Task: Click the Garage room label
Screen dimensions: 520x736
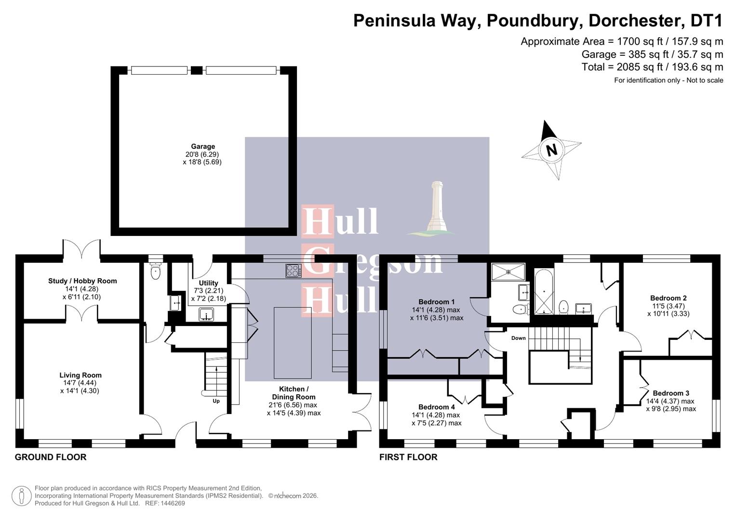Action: click(x=202, y=146)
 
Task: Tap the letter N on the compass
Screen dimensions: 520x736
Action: click(x=551, y=149)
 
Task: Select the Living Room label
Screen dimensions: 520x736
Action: click(x=80, y=375)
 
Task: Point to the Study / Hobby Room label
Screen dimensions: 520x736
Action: click(x=82, y=281)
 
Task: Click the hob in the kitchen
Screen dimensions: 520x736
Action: click(x=294, y=271)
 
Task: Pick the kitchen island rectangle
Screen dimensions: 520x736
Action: click(x=293, y=342)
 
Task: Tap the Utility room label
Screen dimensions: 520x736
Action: click(x=208, y=283)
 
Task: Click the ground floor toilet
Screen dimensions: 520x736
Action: click(x=155, y=273)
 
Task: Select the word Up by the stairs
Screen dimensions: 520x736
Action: click(x=216, y=401)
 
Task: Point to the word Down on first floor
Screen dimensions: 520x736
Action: click(x=519, y=338)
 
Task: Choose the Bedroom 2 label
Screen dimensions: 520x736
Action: click(x=668, y=298)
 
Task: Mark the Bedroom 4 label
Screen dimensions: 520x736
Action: click(x=437, y=407)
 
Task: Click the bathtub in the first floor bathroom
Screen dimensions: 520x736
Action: click(x=544, y=292)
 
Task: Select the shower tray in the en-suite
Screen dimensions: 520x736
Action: click(x=508, y=272)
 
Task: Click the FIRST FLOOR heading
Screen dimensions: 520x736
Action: click(x=408, y=457)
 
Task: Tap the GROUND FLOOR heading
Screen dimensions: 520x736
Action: click(x=51, y=457)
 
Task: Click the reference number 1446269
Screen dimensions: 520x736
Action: click(x=172, y=503)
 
